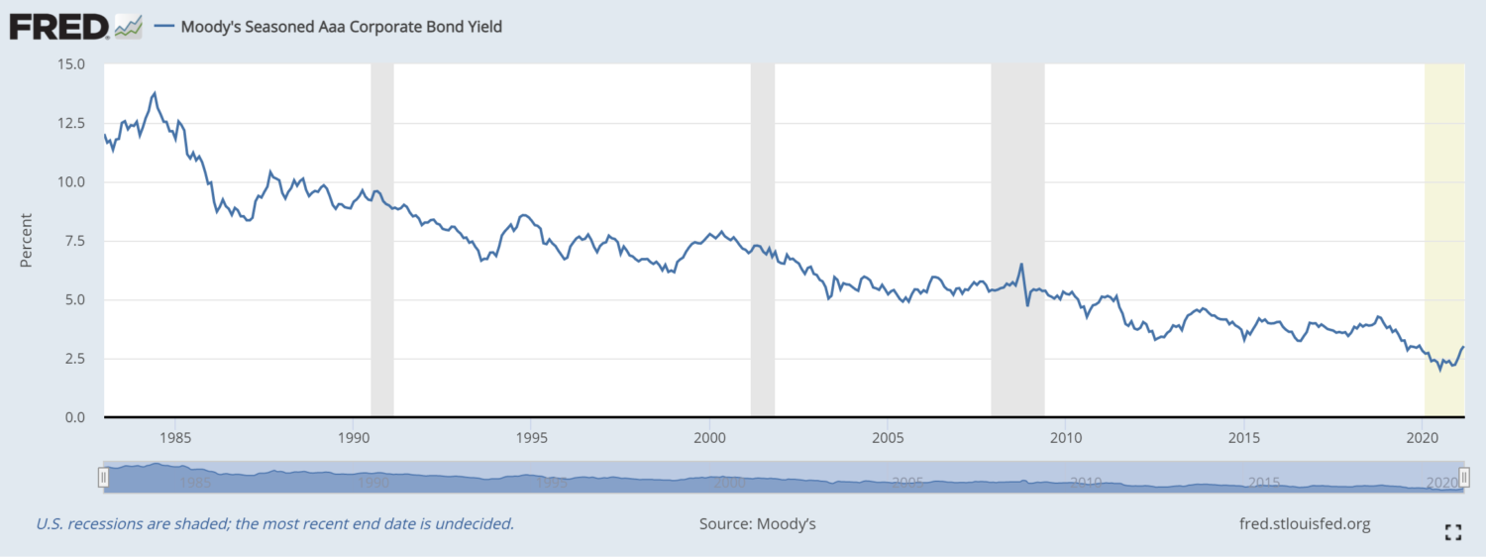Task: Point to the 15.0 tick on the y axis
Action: coord(72,64)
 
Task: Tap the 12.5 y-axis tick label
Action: coord(72,123)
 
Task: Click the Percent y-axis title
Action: coord(27,240)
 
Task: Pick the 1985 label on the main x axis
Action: coord(175,437)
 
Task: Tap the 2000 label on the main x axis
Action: coord(709,437)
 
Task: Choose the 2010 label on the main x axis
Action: coord(1065,437)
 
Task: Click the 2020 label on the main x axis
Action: coord(1422,437)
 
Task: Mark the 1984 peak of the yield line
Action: coord(155,93)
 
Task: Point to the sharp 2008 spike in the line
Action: coord(1021,265)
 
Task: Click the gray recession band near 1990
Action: coord(381,238)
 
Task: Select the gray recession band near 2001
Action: coord(762,238)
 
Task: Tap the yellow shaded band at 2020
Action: coord(1443,238)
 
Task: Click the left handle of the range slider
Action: coord(103,479)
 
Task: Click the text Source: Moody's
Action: coord(758,523)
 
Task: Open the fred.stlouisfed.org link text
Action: coord(1305,523)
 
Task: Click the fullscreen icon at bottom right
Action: coord(1453,532)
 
